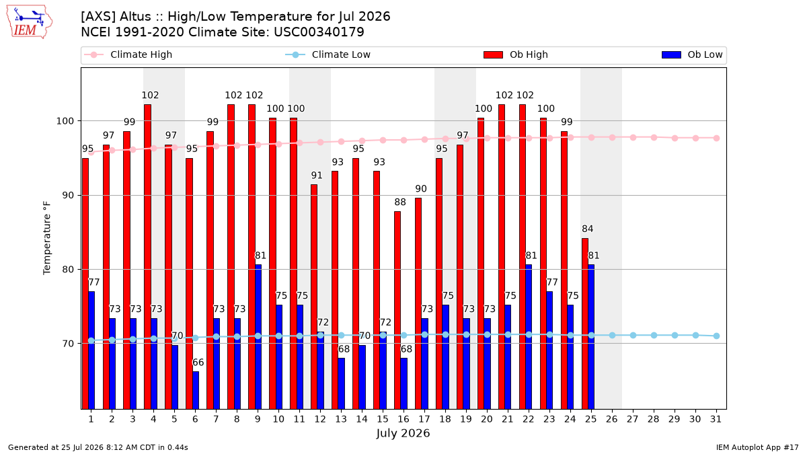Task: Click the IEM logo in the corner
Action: (30, 22)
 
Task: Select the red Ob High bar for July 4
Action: (147, 256)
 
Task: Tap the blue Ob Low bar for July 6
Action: (195, 390)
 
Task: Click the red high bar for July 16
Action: (397, 310)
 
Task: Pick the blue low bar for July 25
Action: (591, 337)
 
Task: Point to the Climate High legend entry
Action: (128, 54)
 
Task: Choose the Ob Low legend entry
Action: (692, 54)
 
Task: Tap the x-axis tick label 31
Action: (716, 419)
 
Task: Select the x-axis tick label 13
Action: (341, 419)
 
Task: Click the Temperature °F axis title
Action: (47, 238)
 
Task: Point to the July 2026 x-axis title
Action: (403, 433)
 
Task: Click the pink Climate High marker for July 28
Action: (654, 138)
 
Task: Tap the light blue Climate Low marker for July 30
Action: (695, 336)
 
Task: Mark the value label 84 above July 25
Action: (588, 229)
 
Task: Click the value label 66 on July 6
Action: (198, 363)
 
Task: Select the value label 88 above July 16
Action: (400, 202)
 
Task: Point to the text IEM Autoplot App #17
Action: (757, 447)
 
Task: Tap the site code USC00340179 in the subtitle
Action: (319, 32)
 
